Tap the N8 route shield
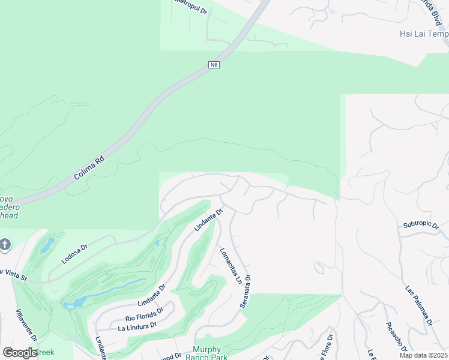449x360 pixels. pyautogui.click(x=214, y=64)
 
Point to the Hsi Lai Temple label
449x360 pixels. pyautogui.click(x=424, y=34)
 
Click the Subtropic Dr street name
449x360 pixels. pyautogui.click(x=422, y=225)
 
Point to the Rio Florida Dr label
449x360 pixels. pyautogui.click(x=145, y=315)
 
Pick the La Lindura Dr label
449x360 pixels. pyautogui.click(x=137, y=326)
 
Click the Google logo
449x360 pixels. pyautogui.click(x=19, y=352)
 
